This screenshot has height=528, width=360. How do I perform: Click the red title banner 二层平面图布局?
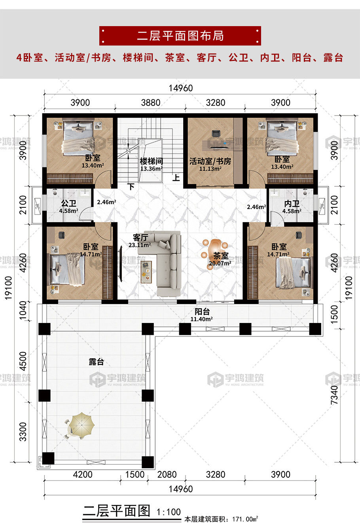click(x=180, y=36)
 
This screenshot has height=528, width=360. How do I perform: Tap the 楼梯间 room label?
click(x=151, y=161)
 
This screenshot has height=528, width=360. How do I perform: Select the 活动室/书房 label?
click(x=210, y=161)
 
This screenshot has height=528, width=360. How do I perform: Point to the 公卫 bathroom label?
click(x=68, y=203)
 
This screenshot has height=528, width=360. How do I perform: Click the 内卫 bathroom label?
click(x=292, y=203)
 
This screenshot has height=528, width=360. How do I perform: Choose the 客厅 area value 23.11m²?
click(x=140, y=245)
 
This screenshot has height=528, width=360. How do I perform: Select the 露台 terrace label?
click(x=96, y=362)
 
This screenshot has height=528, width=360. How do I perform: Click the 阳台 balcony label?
click(x=202, y=311)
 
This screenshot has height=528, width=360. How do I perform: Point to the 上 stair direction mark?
click(x=176, y=177)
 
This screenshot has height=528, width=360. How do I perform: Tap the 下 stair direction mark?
click(x=131, y=187)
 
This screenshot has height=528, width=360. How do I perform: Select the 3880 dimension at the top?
click(x=151, y=103)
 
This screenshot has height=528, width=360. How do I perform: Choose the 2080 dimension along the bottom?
click(x=167, y=475)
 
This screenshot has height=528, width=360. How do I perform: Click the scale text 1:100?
click(x=169, y=512)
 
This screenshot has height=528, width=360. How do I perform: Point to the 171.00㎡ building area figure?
click(x=245, y=519)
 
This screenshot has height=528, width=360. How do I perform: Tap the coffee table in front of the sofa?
click(x=146, y=272)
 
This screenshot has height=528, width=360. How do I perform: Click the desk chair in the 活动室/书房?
click(x=216, y=133)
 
